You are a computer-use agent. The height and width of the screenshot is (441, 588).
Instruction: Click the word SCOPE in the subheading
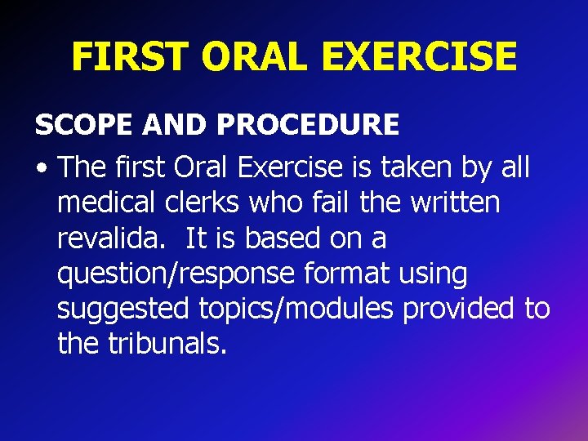point(84,125)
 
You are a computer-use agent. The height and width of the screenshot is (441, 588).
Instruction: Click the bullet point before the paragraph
point(41,169)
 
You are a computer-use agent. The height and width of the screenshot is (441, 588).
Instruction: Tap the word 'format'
point(350,274)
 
